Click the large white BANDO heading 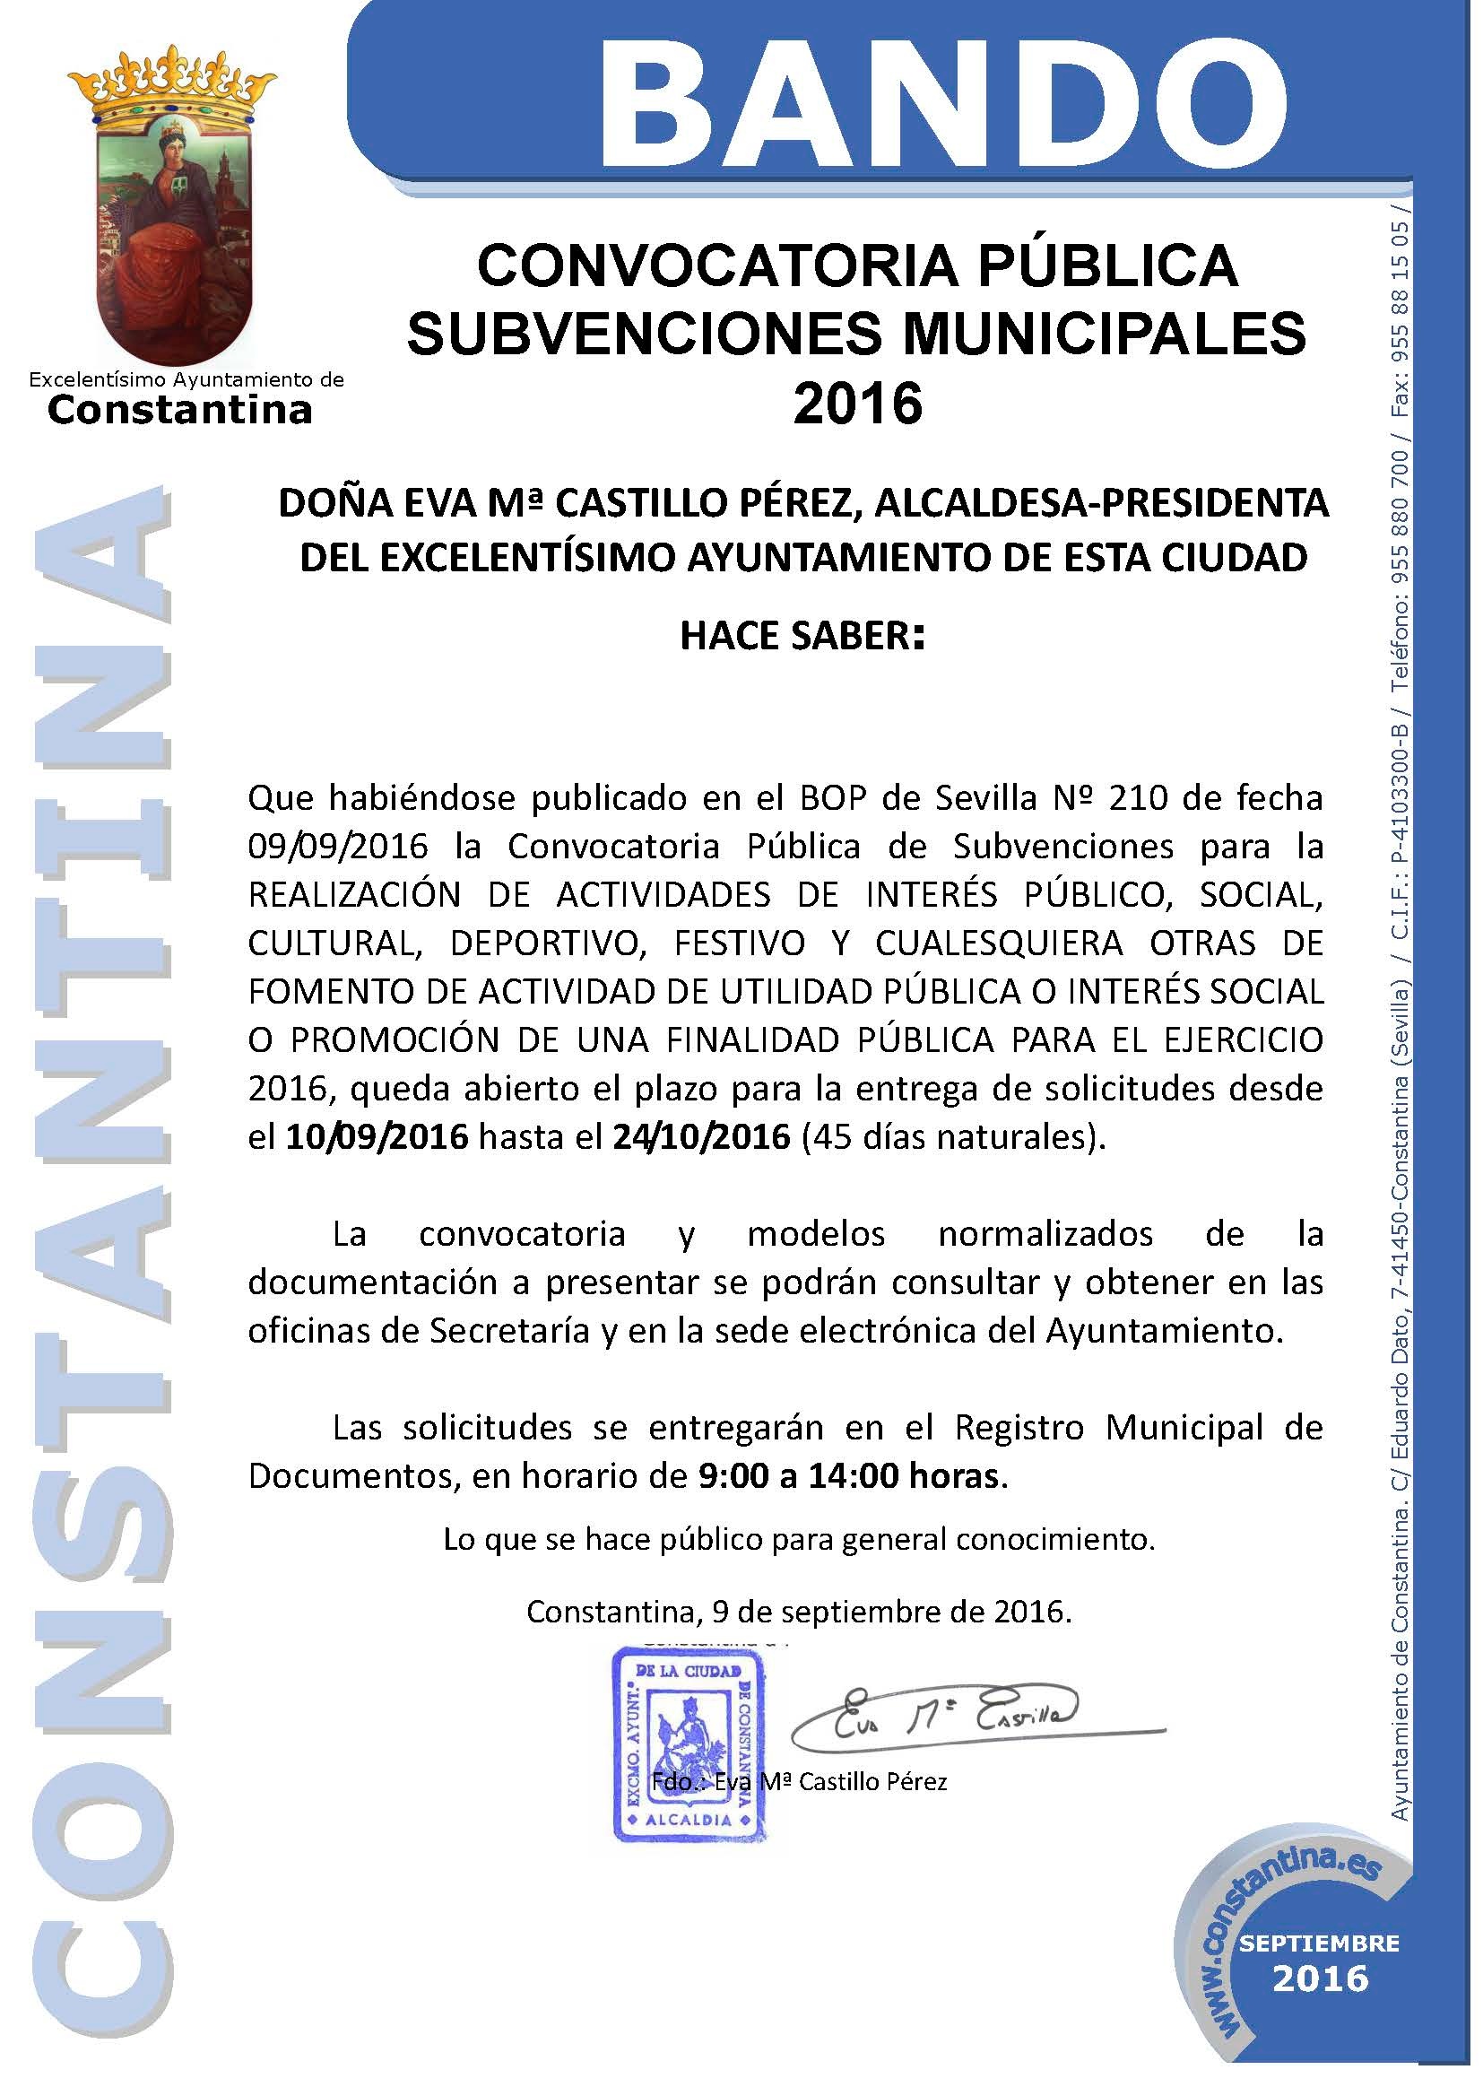point(942,93)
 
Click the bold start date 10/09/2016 point(377,1137)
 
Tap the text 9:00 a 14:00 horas point(849,1477)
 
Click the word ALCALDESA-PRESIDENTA point(1101,503)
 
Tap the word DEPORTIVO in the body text point(548,943)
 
